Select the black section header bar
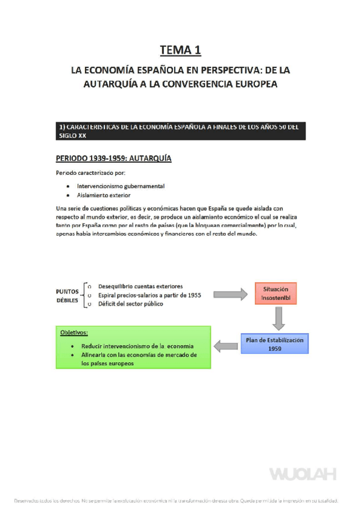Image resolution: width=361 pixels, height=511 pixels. (x=180, y=131)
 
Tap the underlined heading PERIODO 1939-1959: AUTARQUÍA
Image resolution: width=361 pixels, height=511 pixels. (x=114, y=158)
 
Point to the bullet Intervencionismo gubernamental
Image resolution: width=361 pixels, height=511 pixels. (x=121, y=186)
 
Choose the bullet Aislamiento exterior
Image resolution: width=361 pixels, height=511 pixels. (x=104, y=195)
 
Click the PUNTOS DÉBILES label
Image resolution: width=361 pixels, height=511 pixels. (x=67, y=295)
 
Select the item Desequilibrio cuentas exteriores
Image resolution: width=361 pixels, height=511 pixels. (x=139, y=286)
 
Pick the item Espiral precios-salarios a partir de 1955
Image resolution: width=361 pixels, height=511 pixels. (x=149, y=295)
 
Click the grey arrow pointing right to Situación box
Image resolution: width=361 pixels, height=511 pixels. (x=234, y=294)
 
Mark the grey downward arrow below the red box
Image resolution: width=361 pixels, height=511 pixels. (x=278, y=318)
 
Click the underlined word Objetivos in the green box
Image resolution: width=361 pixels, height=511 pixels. (x=74, y=333)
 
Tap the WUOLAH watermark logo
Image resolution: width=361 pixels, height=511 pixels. (x=303, y=474)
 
